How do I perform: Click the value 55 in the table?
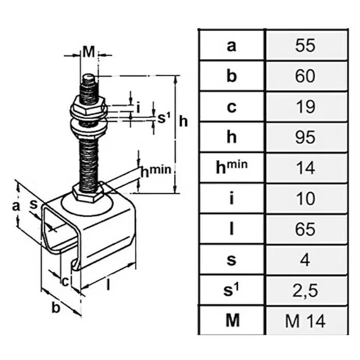pyautogui.click(x=305, y=45)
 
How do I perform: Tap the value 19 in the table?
pyautogui.click(x=305, y=107)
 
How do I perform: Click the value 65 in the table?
pyautogui.click(x=305, y=229)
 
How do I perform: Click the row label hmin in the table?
pyautogui.click(x=231, y=167)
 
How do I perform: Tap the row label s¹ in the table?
pyautogui.click(x=231, y=290)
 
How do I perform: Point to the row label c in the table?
pyautogui.click(x=231, y=107)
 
